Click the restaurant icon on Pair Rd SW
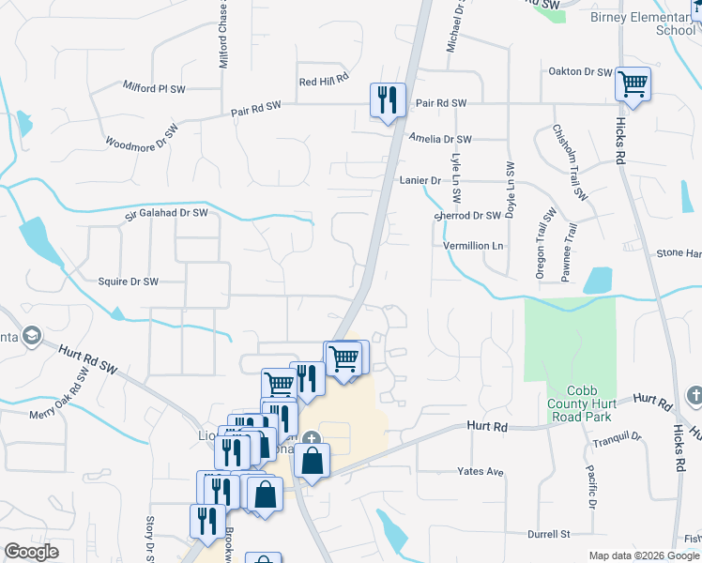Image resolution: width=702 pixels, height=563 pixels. [389, 98]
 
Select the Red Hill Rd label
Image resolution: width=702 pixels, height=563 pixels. [324, 81]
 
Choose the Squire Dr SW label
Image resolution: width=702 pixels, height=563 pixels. [129, 281]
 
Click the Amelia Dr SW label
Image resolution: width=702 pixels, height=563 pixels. [440, 139]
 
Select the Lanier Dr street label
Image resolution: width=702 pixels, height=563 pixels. [420, 179]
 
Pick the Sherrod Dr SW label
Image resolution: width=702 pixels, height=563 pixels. [467, 215]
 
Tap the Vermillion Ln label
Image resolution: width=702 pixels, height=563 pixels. [474, 246]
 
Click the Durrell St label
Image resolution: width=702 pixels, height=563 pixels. [548, 535]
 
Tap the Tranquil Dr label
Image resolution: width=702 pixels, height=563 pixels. [617, 436]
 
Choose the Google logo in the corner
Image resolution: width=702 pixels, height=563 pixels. [31, 552]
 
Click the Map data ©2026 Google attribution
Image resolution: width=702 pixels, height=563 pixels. [644, 555]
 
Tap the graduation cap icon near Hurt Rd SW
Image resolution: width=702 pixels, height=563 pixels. [31, 336]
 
